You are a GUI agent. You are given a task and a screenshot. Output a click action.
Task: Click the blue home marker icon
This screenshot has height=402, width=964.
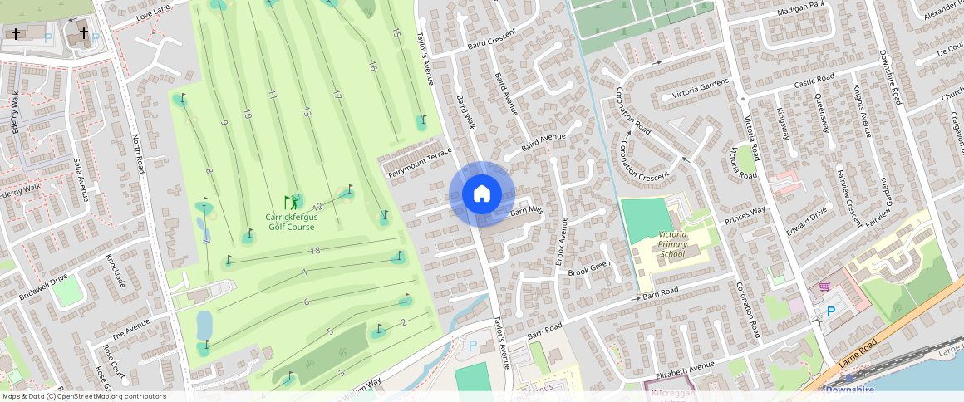[x=481, y=194]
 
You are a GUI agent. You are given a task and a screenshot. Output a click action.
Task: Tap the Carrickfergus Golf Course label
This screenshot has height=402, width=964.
[x=291, y=222]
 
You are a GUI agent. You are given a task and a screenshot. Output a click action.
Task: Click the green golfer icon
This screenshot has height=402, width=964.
[x=291, y=202]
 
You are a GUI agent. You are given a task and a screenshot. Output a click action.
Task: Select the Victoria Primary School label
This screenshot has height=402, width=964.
[x=671, y=244]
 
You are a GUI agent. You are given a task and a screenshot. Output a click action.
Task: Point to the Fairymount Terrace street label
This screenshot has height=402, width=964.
[x=420, y=162]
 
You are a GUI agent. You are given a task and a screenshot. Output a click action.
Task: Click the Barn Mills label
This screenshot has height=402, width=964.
[x=526, y=211]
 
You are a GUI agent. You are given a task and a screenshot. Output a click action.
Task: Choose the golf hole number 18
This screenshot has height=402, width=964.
[x=314, y=251]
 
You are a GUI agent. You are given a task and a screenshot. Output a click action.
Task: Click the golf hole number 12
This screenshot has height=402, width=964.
[x=317, y=206]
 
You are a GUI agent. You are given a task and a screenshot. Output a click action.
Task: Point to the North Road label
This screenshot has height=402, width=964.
[x=138, y=153]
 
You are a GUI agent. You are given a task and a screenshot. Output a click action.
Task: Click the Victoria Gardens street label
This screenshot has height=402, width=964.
[x=694, y=88]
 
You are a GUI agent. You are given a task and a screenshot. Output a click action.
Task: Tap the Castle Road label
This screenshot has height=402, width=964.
[x=814, y=81]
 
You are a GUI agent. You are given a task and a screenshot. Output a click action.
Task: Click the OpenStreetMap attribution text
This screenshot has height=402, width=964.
[x=84, y=396]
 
